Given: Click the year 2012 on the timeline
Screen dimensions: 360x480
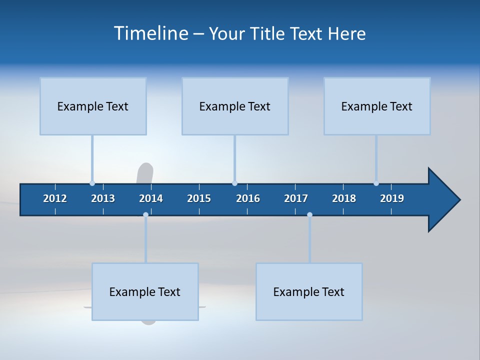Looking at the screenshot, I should pos(55,198).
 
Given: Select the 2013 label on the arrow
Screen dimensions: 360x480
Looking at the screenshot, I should pos(103,198).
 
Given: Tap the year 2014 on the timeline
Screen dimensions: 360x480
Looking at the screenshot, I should pos(151,198).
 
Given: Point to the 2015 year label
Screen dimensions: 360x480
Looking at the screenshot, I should pos(199,198).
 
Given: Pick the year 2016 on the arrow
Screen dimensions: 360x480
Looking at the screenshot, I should pos(248,198).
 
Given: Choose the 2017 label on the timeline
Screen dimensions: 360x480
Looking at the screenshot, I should pos(296,198).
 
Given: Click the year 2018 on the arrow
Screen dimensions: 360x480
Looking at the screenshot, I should pos(344,198).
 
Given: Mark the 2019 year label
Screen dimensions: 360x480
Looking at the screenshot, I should pos(392,198).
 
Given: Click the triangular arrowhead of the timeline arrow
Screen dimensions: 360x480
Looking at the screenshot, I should pos(442,200).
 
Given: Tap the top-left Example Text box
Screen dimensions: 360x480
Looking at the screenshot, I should pos(93,106).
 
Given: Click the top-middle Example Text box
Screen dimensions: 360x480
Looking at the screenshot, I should pos(235,106).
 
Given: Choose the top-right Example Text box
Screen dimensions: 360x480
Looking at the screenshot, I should pos(377,106).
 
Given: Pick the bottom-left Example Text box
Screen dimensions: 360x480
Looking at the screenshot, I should pos(145,291).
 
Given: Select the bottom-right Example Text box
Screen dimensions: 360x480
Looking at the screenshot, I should pos(309,291).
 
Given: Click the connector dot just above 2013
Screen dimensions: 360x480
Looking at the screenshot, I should pos(92,183).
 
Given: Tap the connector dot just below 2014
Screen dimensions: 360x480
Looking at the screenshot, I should pos(145,214).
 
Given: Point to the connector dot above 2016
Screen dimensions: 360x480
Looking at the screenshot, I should pos(234,183).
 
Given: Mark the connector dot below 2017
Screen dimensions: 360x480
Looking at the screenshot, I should pos(309,214).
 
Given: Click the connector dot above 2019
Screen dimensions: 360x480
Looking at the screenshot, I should pos(376,183).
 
